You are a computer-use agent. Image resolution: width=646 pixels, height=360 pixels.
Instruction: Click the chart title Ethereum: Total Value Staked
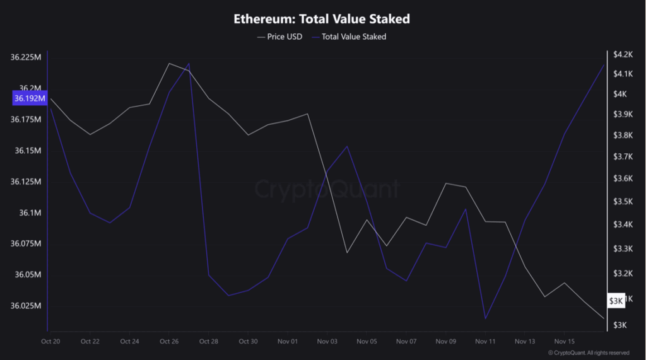(x=322, y=18)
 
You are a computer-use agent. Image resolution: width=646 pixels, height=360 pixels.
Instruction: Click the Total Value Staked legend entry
(x=353, y=37)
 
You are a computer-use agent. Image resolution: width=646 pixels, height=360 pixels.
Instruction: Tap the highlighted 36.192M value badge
(x=30, y=99)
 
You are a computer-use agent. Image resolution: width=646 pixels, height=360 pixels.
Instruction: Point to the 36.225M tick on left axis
(x=26, y=57)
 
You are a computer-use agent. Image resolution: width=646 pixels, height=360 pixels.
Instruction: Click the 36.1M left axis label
(x=29, y=213)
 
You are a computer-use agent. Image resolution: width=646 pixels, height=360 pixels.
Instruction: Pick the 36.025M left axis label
(x=26, y=306)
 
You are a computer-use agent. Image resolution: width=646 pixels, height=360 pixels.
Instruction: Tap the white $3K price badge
(x=616, y=301)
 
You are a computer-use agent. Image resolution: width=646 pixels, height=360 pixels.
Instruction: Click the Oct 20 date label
(x=50, y=341)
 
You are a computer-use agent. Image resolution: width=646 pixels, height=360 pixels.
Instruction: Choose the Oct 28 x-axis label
(x=208, y=341)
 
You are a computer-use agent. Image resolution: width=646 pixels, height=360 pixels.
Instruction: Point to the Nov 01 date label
(x=288, y=341)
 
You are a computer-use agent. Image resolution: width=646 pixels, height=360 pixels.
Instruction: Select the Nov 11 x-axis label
(x=485, y=341)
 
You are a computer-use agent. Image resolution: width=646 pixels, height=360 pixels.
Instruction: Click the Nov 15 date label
(x=564, y=341)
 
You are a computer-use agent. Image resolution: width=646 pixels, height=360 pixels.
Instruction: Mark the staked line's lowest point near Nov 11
(x=485, y=318)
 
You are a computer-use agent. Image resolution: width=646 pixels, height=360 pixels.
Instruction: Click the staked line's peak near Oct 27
(x=189, y=64)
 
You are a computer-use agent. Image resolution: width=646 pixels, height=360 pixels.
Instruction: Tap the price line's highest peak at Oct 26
(x=169, y=63)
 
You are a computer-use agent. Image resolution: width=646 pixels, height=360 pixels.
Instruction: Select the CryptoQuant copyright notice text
(x=588, y=353)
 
